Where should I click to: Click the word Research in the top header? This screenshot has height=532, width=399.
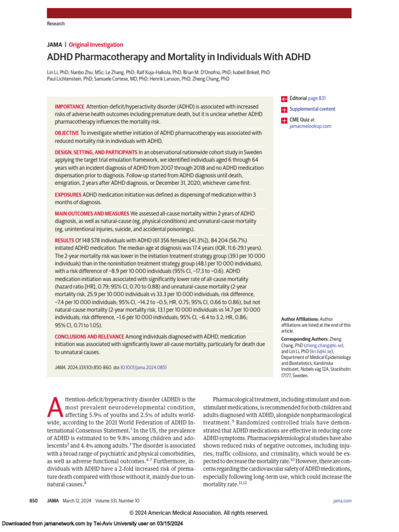click(56, 24)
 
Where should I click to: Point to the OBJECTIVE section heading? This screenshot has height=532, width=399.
click(66, 133)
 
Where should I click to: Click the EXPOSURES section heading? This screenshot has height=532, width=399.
click(68, 194)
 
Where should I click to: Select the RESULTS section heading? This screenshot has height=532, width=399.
click(64, 240)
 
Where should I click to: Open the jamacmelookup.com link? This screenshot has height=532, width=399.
click(310, 126)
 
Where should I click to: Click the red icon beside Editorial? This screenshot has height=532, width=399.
click(284, 99)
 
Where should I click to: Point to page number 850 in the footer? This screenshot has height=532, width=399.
click(33, 500)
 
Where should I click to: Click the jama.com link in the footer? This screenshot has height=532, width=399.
click(342, 500)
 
